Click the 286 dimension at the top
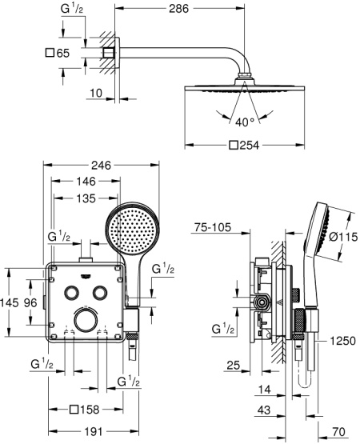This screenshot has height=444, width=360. (x=178, y=9)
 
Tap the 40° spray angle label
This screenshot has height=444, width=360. (x=245, y=122)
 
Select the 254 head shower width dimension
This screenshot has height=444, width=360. (x=244, y=146)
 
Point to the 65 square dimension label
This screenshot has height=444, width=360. (x=58, y=53)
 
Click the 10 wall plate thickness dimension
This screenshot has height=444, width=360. (x=96, y=93)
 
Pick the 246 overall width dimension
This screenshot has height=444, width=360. (x=101, y=165)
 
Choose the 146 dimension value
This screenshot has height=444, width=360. (x=86, y=182)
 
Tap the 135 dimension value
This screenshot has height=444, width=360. (x=86, y=198)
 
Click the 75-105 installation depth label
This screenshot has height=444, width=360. (x=213, y=227)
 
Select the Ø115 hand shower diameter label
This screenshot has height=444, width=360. (x=344, y=237)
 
